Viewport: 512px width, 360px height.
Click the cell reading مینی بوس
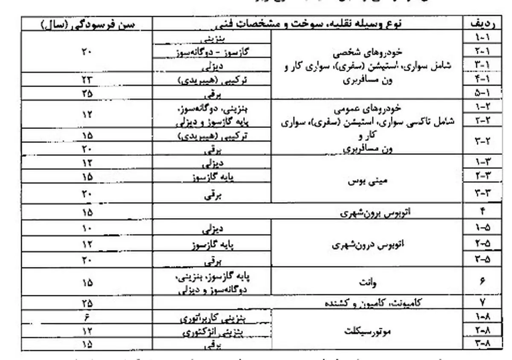(367, 180)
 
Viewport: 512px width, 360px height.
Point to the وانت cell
(367, 282)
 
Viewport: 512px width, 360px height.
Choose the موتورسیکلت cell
(367, 331)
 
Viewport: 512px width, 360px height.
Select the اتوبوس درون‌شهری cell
(367, 245)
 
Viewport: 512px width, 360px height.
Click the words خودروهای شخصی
(367, 55)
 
